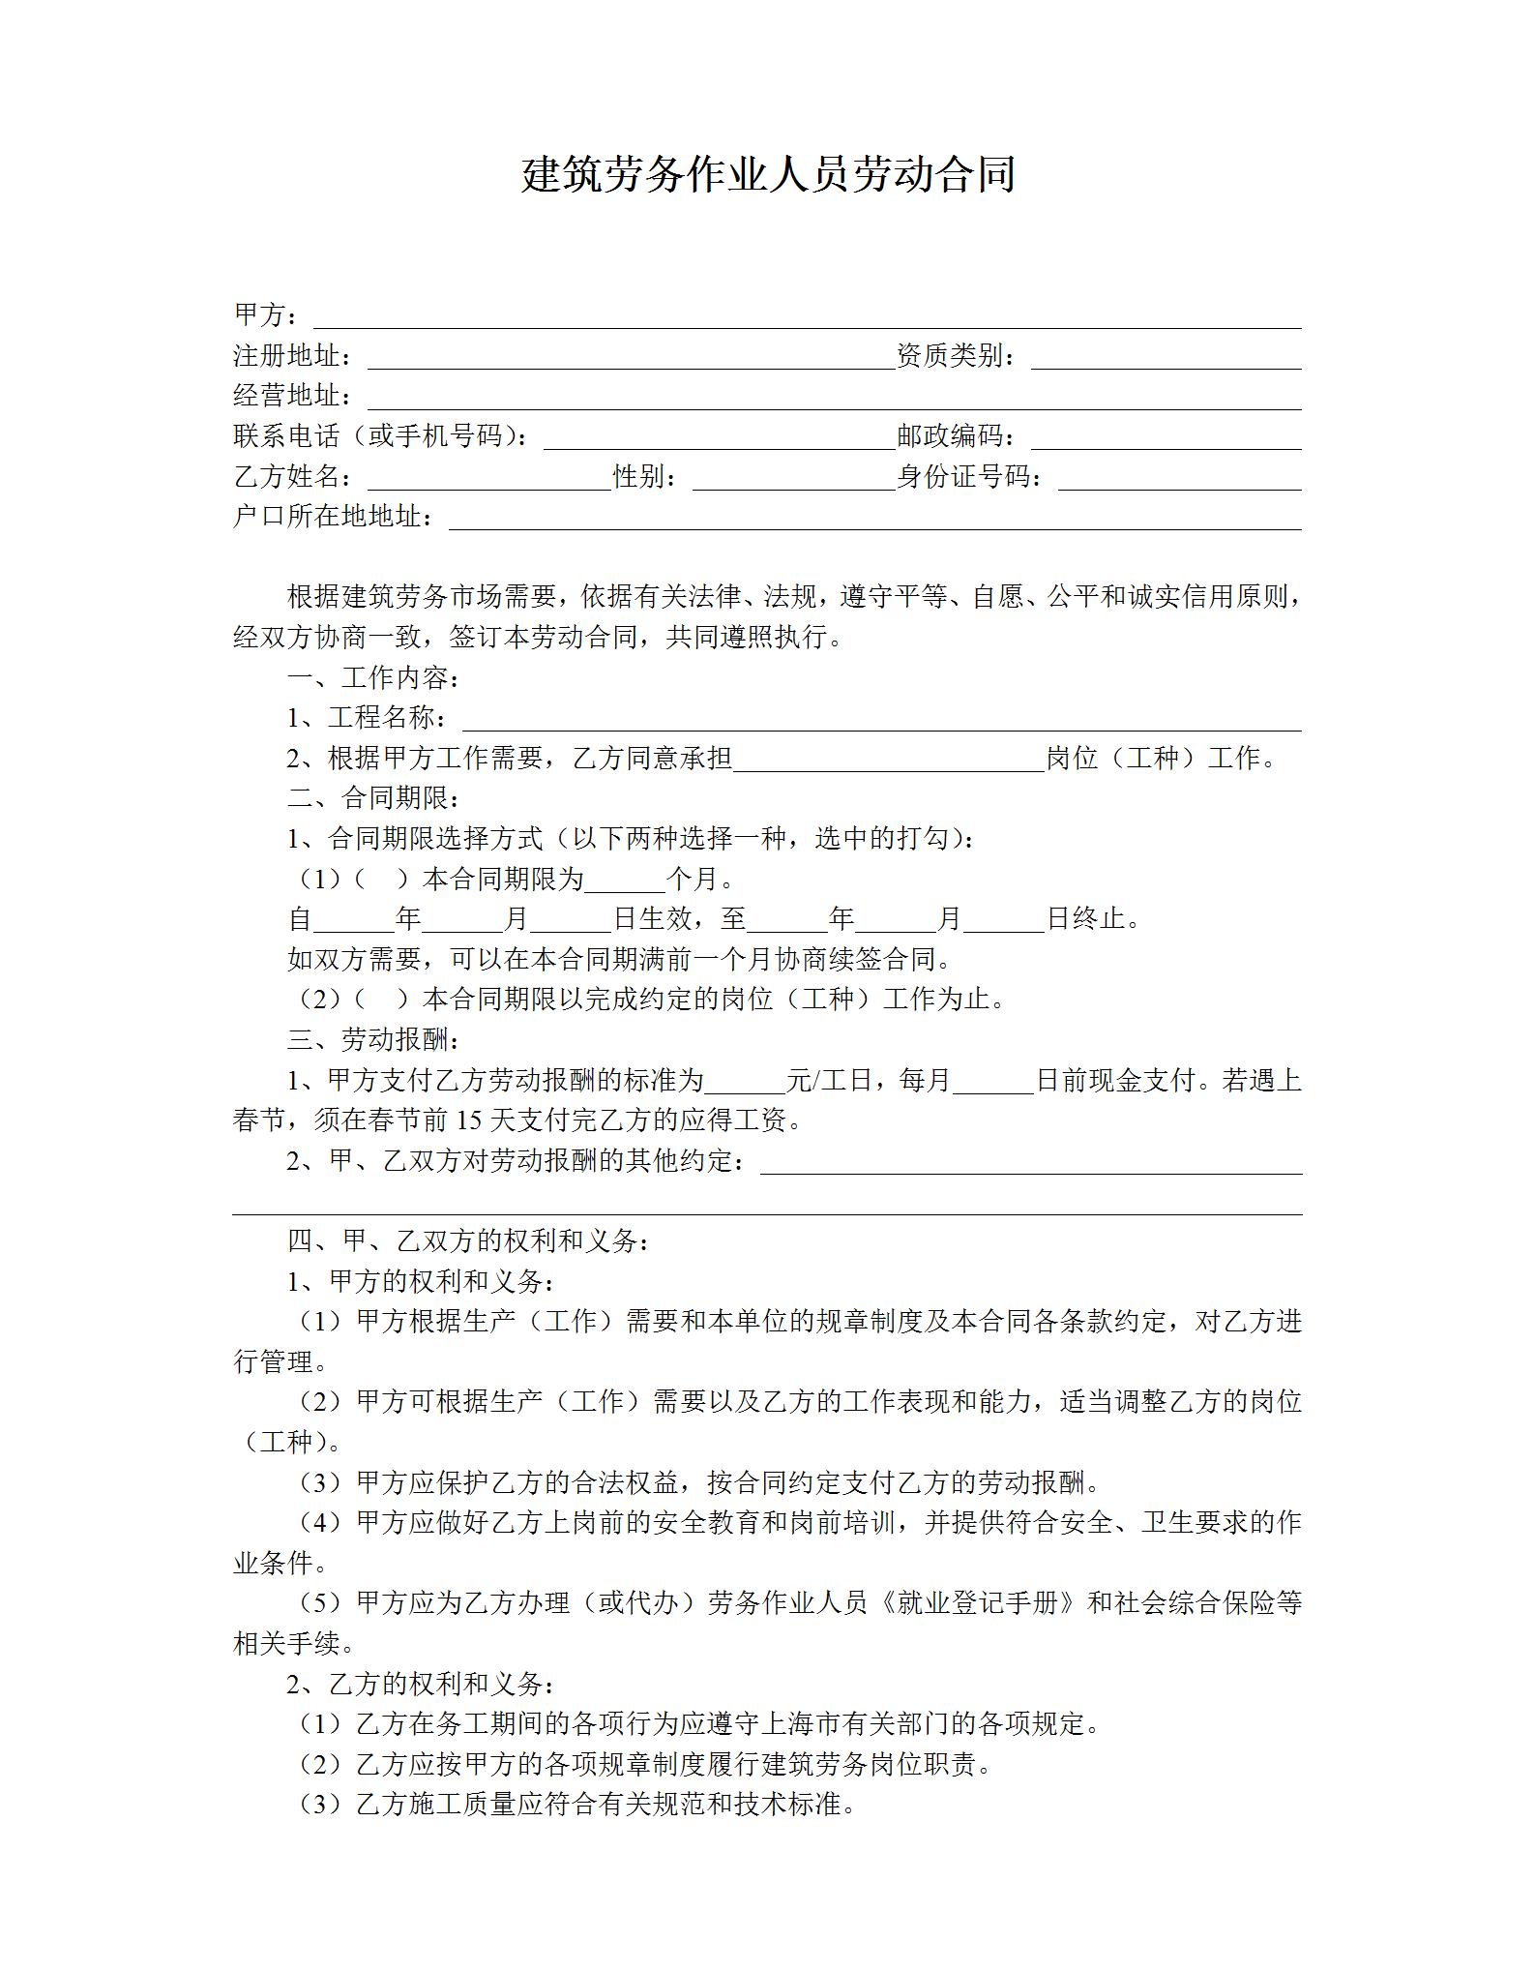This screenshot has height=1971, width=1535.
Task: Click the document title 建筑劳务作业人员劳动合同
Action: point(767,175)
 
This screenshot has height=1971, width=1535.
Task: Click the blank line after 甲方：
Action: point(807,317)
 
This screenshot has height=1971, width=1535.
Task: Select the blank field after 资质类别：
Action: point(1166,358)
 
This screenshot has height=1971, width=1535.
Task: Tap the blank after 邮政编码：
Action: point(1166,438)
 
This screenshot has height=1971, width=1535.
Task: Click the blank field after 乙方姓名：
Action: point(489,479)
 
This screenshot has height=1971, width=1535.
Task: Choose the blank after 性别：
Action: point(793,479)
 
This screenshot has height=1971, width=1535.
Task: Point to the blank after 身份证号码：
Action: point(1179,479)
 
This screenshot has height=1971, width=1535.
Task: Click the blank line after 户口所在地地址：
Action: point(874,519)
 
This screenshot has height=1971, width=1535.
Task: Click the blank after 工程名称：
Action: point(881,720)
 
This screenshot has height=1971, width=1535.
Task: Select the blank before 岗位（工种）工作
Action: point(889,761)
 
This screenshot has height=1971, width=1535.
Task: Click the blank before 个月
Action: point(626,881)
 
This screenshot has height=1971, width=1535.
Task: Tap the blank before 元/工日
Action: point(745,1082)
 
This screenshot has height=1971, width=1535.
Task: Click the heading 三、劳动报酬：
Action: point(374,1040)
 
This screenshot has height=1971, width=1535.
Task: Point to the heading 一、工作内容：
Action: point(374,678)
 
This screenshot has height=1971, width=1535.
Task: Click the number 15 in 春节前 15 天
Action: point(468,1121)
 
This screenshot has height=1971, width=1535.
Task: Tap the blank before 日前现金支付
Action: point(994,1082)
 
